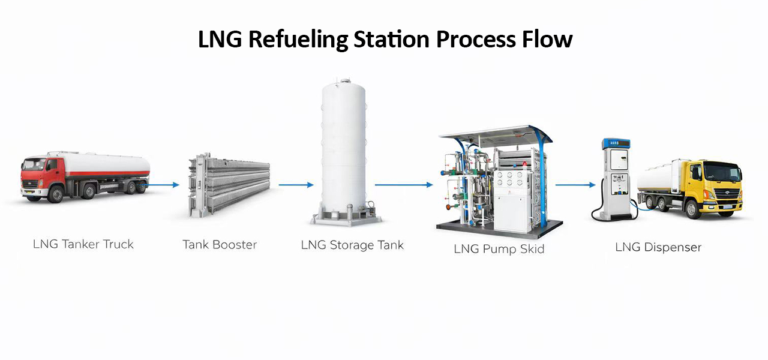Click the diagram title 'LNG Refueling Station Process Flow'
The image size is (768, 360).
tap(385, 40)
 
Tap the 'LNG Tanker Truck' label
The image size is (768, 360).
tap(83, 244)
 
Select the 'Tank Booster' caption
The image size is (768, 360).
tap(220, 245)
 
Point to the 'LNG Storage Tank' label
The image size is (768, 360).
tap(352, 245)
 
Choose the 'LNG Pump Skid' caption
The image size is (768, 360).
tap(499, 248)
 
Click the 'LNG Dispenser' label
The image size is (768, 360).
tap(658, 247)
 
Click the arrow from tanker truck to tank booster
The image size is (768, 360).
tap(163, 185)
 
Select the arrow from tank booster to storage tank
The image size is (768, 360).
tap(296, 185)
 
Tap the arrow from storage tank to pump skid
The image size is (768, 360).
tap(404, 185)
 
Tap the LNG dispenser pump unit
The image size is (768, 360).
tap(616, 177)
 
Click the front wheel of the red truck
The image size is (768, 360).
tap(56, 194)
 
